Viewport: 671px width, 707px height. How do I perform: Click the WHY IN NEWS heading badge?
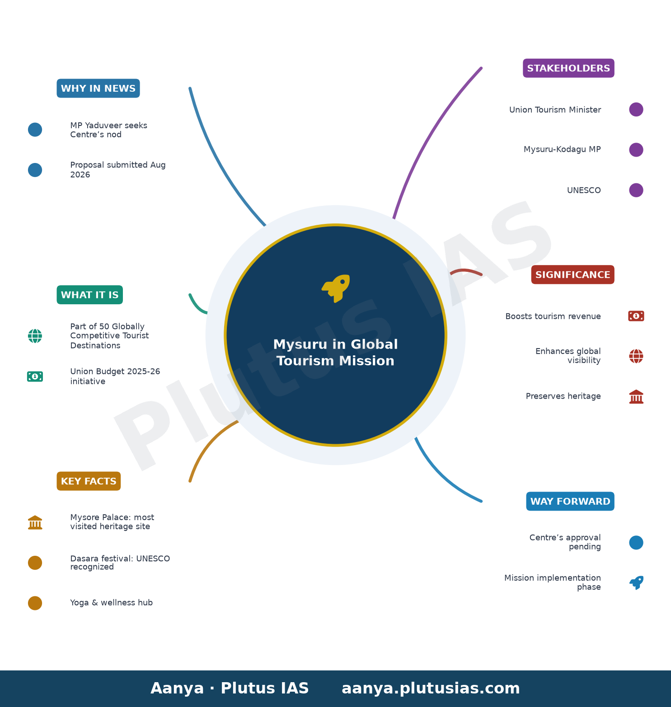(98, 88)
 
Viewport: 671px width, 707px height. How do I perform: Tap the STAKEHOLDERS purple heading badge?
(568, 68)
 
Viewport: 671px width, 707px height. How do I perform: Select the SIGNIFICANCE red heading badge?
(572, 274)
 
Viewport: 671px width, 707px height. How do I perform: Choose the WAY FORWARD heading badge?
(570, 501)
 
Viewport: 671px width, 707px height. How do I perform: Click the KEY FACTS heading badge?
(89, 481)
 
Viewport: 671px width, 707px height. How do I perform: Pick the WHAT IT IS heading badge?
(89, 295)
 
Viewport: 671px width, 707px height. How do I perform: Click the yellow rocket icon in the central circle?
(336, 288)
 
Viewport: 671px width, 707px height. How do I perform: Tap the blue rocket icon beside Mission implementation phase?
(636, 582)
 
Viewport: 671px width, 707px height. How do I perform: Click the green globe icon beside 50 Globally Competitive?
(35, 336)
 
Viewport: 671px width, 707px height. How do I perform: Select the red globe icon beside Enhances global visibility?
(636, 356)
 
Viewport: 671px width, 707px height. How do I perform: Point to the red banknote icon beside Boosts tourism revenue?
(636, 316)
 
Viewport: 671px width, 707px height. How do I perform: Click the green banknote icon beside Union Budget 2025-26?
(35, 377)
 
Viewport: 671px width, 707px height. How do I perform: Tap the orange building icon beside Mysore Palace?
(35, 522)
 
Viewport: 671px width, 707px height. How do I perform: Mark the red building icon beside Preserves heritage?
(636, 396)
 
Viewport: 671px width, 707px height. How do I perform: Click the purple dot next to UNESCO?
(636, 190)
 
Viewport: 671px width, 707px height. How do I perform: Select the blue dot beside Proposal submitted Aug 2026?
(35, 170)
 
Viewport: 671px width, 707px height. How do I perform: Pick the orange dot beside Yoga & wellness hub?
(35, 603)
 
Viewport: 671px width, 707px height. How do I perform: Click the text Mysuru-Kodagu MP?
(562, 149)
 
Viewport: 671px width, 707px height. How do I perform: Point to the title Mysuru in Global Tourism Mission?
(336, 353)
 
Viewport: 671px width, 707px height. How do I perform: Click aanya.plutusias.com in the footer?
(431, 688)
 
